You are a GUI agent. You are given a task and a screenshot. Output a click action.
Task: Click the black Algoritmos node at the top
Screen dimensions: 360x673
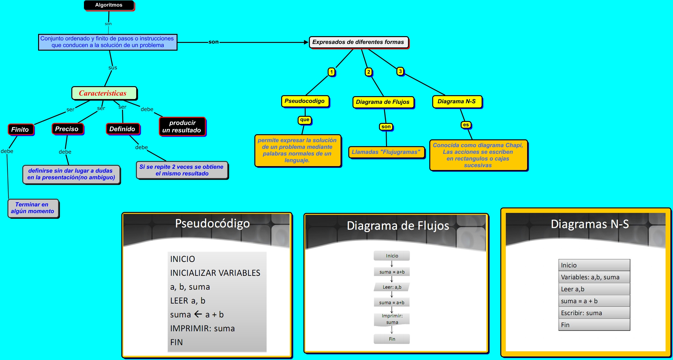tap(109, 5)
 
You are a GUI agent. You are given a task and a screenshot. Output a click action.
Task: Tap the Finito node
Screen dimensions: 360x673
tap(20, 129)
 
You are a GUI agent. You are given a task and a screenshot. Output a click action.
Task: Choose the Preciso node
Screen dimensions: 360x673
tap(67, 129)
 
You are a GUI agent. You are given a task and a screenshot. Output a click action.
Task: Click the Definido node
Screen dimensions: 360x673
tap(122, 129)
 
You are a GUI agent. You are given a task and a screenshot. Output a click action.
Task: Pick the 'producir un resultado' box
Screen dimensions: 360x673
tap(182, 126)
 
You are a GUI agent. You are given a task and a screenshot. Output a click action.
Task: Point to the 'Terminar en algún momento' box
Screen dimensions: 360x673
tap(33, 208)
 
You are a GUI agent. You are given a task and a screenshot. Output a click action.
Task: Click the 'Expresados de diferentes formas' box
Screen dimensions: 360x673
tap(358, 42)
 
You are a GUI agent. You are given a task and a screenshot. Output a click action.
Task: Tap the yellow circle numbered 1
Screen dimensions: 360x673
tap(331, 72)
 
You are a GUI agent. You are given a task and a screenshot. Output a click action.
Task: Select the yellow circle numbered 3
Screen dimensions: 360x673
tap(400, 71)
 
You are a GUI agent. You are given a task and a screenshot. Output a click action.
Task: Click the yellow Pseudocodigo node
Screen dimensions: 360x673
tap(305, 101)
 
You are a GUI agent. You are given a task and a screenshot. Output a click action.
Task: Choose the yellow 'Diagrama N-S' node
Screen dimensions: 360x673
tap(457, 102)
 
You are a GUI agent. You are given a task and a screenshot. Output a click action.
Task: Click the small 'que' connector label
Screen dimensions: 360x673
tap(304, 120)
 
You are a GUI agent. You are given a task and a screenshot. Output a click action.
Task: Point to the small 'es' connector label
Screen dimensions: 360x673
tap(466, 125)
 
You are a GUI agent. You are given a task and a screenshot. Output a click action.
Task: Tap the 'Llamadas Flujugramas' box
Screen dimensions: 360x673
tap(386, 152)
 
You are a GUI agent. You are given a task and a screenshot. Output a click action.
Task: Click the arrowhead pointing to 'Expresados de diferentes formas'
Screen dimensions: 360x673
tap(306, 42)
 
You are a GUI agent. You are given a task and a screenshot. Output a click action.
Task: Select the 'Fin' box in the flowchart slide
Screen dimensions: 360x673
tap(392, 339)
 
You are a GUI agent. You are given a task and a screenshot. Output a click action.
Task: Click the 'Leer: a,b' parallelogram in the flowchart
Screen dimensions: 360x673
tap(392, 287)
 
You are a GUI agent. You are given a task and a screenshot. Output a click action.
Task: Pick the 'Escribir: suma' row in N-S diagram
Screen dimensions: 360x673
tap(594, 313)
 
